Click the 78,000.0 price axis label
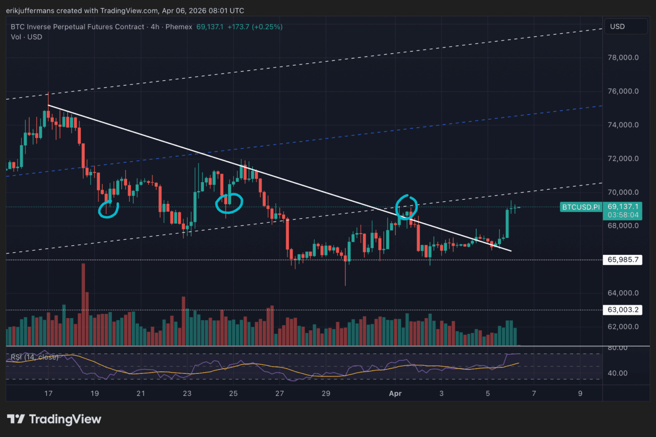coord(623,57)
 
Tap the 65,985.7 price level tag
coord(623,260)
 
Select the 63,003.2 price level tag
coord(623,310)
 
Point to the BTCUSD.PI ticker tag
coord(581,207)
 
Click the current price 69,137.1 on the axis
coord(623,207)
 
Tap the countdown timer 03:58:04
coord(623,215)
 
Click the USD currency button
coord(618,27)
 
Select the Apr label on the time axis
coord(395,393)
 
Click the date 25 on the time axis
coord(234,393)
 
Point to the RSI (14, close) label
coord(34,357)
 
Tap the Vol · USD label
coord(26,37)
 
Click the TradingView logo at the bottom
coord(54,419)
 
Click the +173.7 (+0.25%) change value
coord(255,27)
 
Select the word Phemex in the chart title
coord(179,27)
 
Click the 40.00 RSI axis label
coord(618,373)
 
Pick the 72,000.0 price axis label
coord(623,159)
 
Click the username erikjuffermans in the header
coord(30,11)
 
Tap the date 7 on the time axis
coord(534,393)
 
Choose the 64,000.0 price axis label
coord(623,293)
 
